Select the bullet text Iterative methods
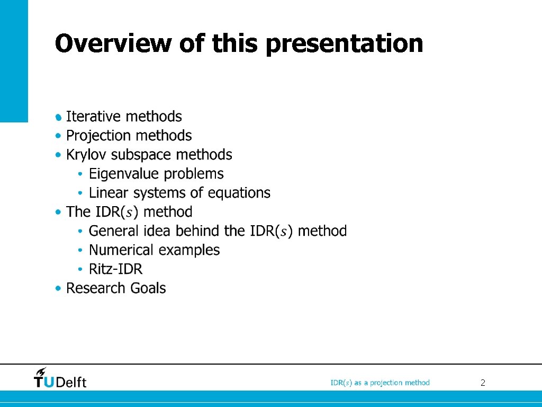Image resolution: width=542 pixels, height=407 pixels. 124,117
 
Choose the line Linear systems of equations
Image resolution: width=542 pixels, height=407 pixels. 179,193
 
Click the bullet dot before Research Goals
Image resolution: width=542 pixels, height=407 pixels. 58,288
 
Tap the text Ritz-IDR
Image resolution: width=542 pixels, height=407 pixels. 115,269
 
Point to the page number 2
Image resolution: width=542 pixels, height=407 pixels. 483,383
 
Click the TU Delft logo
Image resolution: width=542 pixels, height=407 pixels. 60,381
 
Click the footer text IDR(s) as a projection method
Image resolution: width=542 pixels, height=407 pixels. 380,383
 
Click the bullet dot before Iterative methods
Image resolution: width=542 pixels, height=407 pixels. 58,117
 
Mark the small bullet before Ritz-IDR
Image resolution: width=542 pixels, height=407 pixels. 80,269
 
